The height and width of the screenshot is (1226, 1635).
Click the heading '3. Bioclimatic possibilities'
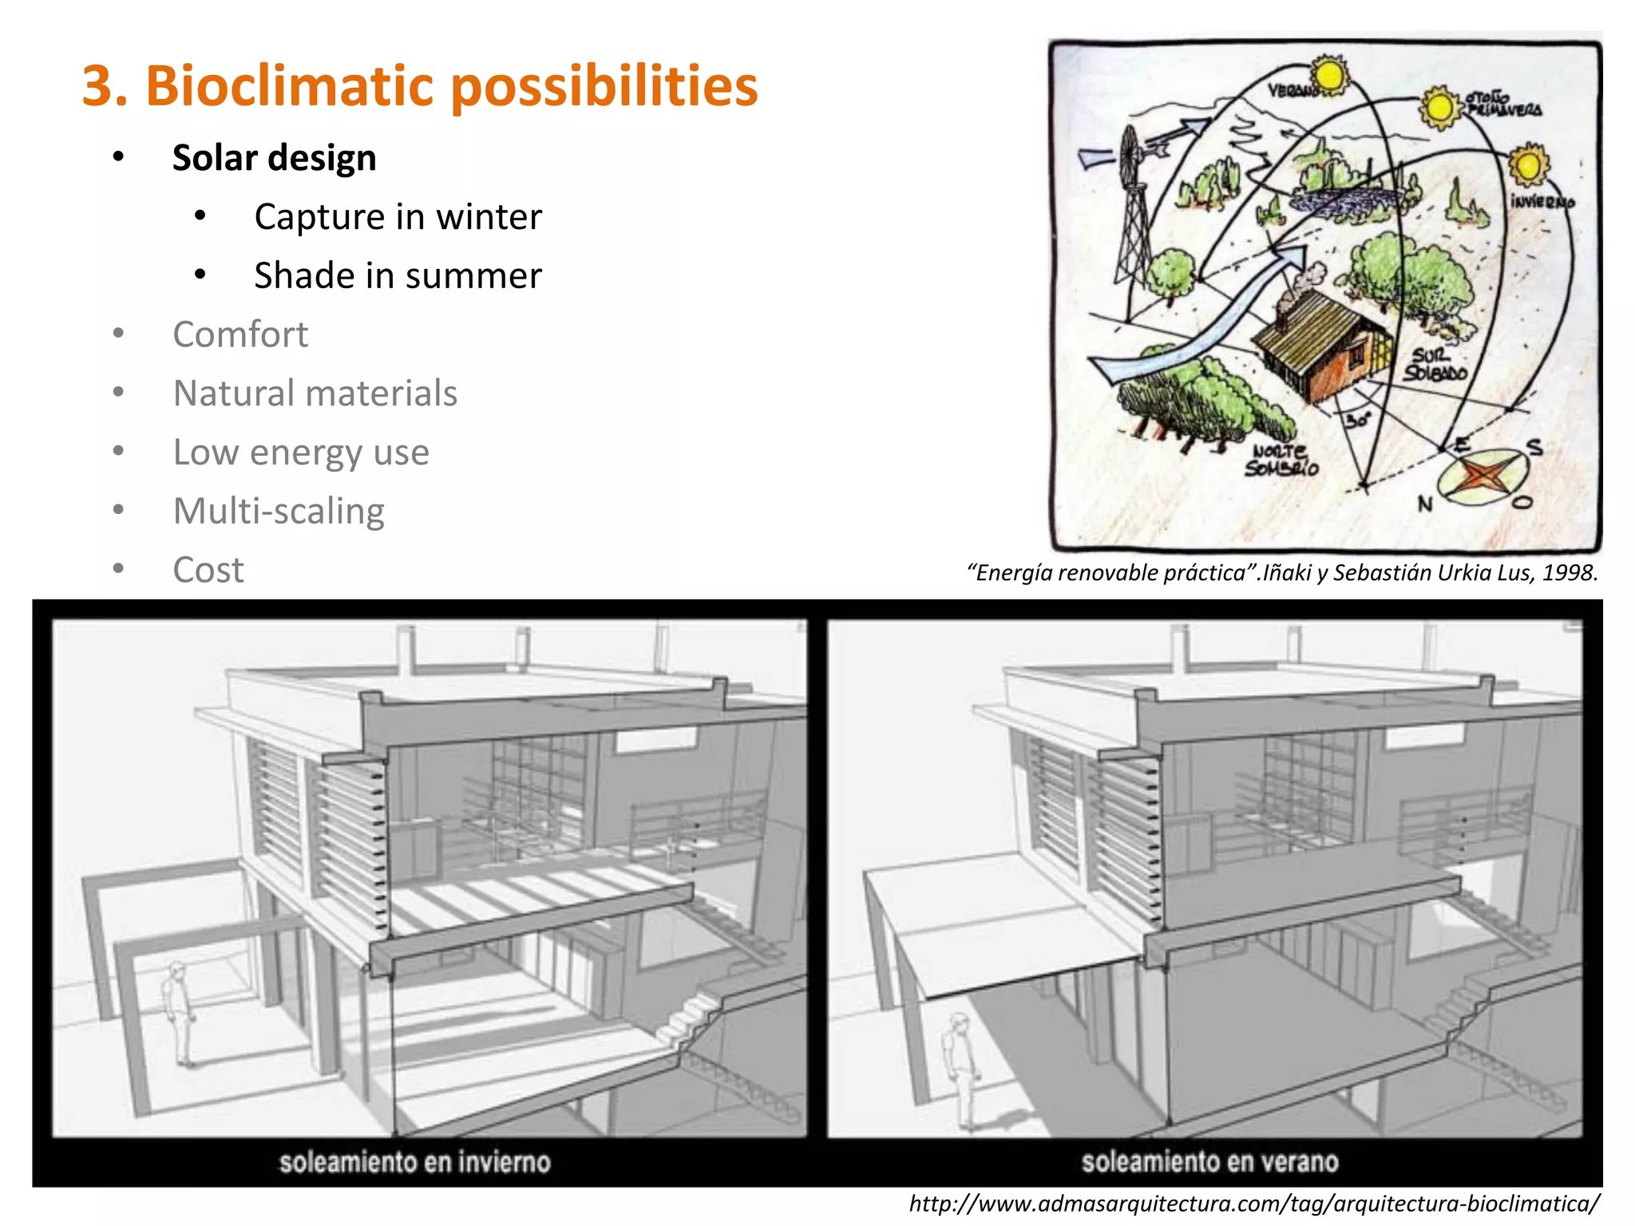420,85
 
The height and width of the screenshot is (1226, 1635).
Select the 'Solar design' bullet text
274,157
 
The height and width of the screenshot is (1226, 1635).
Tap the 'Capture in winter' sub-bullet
398,216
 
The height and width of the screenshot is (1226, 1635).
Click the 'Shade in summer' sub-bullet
398,275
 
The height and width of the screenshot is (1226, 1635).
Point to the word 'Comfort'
240,334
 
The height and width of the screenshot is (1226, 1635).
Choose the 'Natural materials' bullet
315,394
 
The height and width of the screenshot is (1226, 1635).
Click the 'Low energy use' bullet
301,453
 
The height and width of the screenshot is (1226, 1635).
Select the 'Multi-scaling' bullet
279,512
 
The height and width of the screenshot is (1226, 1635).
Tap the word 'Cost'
208,570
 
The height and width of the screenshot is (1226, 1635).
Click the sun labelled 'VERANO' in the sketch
1329,76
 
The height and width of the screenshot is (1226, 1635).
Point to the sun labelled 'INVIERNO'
1528,165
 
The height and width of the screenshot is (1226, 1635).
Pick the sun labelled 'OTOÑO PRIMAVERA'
1441,108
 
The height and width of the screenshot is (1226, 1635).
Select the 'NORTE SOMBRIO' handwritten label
1281,461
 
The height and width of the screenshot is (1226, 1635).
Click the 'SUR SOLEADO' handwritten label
1435,364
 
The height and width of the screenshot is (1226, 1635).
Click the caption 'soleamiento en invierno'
415,1161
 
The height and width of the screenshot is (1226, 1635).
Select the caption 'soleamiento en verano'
1209,1161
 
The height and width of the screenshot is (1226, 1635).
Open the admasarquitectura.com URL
1254,1204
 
